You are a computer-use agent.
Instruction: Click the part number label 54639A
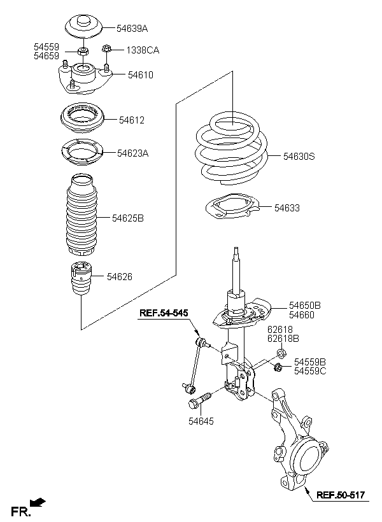(132, 29)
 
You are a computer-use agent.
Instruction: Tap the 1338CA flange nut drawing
(106, 49)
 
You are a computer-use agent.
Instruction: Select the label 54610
(141, 75)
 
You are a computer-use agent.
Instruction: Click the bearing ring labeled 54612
(83, 118)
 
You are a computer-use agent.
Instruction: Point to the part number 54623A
(132, 153)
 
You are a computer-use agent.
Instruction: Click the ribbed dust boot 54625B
(81, 215)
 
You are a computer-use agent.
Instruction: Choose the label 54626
(119, 277)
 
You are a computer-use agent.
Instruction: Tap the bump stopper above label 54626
(81, 279)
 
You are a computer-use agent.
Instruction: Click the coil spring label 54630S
(299, 156)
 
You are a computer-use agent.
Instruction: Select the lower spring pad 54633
(232, 206)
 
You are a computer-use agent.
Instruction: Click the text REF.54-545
(164, 313)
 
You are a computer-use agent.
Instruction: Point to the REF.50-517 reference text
(341, 495)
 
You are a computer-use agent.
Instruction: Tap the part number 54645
(201, 421)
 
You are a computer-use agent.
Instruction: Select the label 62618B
(283, 339)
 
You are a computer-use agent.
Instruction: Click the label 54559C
(309, 371)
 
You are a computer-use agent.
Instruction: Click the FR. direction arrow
(38, 502)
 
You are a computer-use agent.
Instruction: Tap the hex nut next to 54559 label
(82, 52)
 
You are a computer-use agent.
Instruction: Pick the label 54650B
(305, 306)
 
